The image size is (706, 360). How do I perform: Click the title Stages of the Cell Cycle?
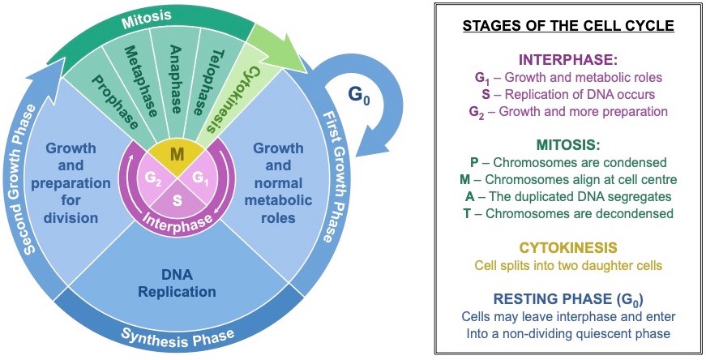tap(568, 26)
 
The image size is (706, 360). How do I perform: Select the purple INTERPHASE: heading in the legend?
tap(568, 60)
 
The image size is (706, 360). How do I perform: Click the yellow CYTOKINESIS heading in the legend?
tap(568, 246)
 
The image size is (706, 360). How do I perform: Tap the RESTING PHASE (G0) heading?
tap(568, 298)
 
